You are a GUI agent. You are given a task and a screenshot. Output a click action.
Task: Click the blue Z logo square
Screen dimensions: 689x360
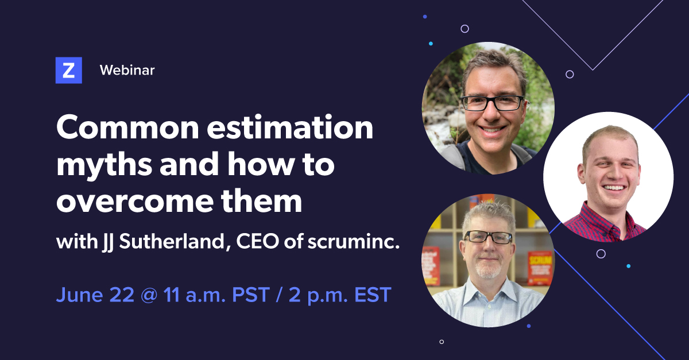click(68, 70)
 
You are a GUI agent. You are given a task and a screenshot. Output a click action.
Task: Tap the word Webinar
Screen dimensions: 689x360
click(127, 70)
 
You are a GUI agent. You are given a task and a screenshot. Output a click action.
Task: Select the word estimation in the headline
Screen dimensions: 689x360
click(290, 127)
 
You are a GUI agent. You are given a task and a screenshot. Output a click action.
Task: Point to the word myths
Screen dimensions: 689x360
click(104, 166)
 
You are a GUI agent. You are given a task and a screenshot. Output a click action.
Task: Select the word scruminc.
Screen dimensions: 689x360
click(354, 242)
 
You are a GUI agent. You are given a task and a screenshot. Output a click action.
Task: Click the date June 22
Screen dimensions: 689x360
click(95, 295)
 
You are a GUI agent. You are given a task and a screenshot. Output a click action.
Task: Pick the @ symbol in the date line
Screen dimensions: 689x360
click(149, 295)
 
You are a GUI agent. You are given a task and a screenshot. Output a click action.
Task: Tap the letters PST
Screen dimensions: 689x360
click(251, 295)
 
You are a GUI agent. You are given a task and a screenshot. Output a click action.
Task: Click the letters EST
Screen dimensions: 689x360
click(373, 295)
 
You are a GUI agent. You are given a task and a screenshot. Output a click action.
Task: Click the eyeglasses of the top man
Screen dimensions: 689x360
click(493, 103)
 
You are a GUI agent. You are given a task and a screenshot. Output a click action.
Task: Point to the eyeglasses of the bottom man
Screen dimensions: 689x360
click(489, 237)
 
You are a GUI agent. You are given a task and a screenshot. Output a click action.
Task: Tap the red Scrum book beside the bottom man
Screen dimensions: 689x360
click(540, 268)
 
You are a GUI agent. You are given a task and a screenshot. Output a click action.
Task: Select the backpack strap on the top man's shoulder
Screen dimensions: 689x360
click(453, 156)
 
